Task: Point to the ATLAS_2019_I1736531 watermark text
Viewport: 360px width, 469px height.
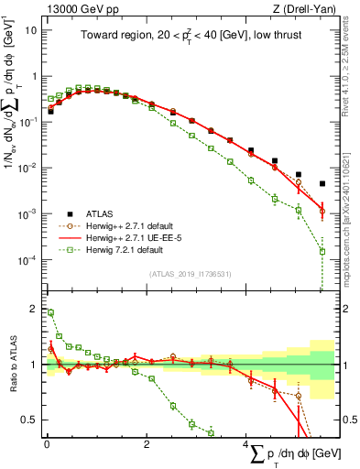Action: tap(190, 273)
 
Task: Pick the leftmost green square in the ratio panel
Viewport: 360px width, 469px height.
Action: tap(50, 312)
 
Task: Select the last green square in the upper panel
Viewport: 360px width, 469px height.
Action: tap(322, 251)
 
